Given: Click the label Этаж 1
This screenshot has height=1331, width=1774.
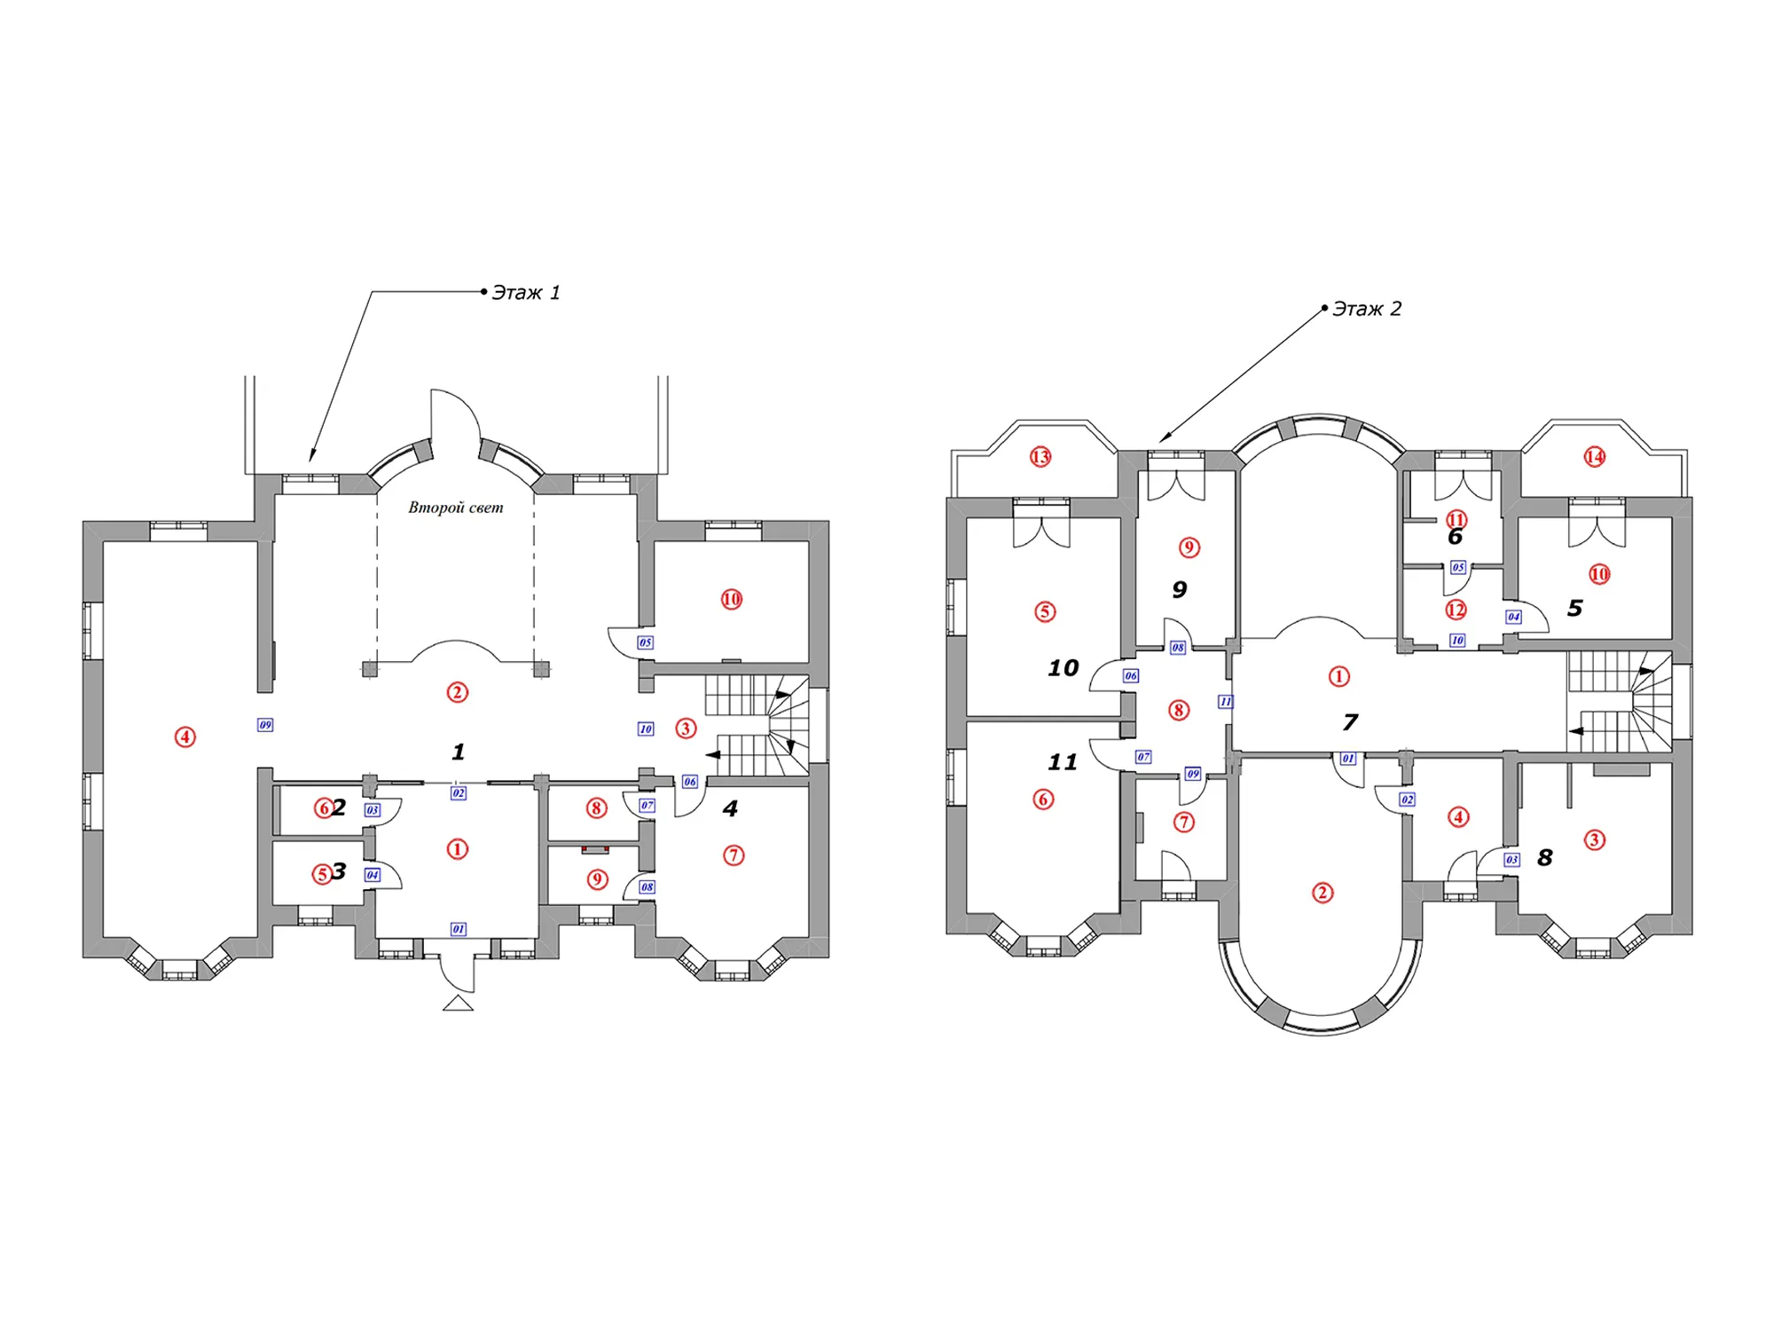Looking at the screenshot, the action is click(526, 293).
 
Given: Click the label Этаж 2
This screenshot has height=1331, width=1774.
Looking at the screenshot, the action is click(1367, 309).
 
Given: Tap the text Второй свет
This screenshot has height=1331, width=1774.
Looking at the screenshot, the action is click(456, 508).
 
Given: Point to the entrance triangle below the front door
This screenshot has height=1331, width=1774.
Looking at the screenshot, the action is click(458, 1004).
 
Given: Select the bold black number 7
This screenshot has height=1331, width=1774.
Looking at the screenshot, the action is click(1350, 722).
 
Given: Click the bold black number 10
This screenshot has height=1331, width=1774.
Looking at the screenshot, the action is click(1064, 668).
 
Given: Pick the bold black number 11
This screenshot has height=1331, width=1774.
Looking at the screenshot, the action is click(1063, 762).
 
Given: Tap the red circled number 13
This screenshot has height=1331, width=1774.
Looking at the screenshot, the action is click(1040, 457).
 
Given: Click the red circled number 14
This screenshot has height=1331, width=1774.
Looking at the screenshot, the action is click(1595, 457).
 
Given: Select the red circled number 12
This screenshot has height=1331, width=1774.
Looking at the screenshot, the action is click(1456, 610).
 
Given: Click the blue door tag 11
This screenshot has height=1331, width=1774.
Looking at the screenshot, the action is click(1225, 702).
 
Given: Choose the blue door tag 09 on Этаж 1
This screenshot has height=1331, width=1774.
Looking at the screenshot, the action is click(265, 725).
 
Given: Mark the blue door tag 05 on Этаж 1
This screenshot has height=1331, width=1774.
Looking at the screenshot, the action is click(645, 642).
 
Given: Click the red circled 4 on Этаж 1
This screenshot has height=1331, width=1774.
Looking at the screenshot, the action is click(184, 736).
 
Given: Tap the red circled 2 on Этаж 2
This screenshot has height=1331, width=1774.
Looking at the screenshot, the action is click(1322, 893).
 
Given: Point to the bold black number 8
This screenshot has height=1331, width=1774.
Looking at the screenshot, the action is click(1545, 858).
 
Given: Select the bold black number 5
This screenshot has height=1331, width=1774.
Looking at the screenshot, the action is click(1574, 609).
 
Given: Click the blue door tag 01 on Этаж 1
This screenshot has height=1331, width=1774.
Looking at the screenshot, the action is click(458, 929).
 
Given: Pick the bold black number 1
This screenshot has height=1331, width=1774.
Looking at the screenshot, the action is click(458, 752).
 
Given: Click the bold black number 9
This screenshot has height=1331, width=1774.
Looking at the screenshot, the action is click(1179, 590).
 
